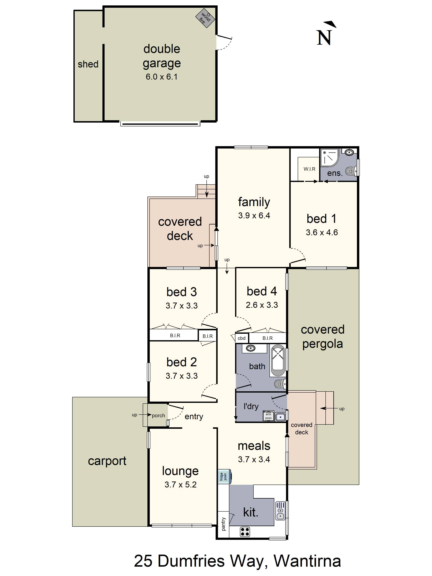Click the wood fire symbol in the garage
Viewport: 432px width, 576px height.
pyautogui.click(x=205, y=18)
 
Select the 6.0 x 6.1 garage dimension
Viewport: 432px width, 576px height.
pyautogui.click(x=161, y=77)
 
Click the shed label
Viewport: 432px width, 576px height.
pyautogui.click(x=88, y=64)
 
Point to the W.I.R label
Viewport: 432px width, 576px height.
pyautogui.click(x=309, y=169)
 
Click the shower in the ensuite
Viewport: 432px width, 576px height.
pyautogui.click(x=329, y=157)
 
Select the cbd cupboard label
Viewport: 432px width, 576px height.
pyautogui.click(x=241, y=338)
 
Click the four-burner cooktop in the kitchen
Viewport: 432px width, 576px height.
pyautogui.click(x=245, y=532)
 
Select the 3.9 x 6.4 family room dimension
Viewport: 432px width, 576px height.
pyautogui.click(x=254, y=216)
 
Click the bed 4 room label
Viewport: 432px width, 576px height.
pyautogui.click(x=262, y=291)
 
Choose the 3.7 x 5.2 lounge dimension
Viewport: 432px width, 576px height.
pyautogui.click(x=181, y=485)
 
